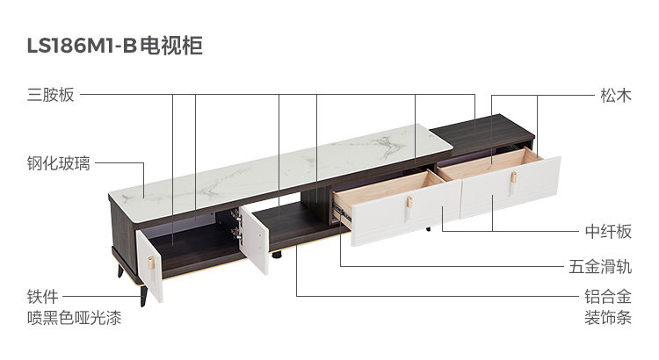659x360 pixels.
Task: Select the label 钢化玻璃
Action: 58,162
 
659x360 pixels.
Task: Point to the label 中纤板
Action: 608,231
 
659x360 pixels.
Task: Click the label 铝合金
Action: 608,298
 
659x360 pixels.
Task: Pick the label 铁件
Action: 42,298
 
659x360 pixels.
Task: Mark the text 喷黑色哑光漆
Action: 73,318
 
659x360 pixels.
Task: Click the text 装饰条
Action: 608,318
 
